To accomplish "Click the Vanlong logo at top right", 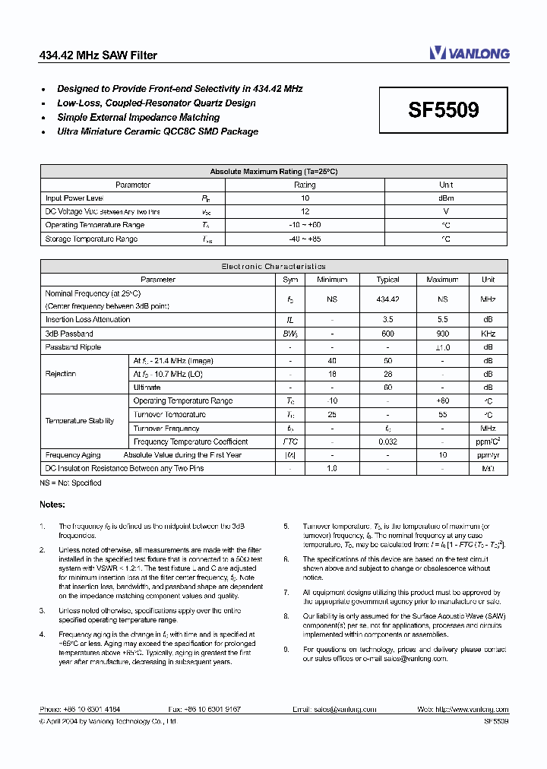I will pyautogui.click(x=469, y=53).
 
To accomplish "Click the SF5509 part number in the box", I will pyautogui.click(x=444, y=110).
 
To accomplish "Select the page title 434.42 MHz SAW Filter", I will pyautogui.click(x=98, y=55).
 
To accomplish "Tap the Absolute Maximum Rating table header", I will pyautogui.click(x=273, y=172).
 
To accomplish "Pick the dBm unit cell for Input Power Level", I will pyautogui.click(x=446, y=198).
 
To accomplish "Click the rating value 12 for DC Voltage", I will pyautogui.click(x=305, y=211).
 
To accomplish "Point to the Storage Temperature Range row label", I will pyautogui.click(x=91, y=239).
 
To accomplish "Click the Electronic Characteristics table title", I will pyautogui.click(x=273, y=267).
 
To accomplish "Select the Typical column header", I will pyautogui.click(x=387, y=280).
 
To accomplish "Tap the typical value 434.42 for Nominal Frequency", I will pyautogui.click(x=387, y=299).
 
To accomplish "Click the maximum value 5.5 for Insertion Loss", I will pyautogui.click(x=442, y=320).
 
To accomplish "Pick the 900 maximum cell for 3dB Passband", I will pyautogui.click(x=442, y=334).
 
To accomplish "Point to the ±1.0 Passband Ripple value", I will pyautogui.click(x=442, y=347).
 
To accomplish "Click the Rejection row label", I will pyautogui.click(x=61, y=374).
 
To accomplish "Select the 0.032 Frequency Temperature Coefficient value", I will pyautogui.click(x=387, y=441).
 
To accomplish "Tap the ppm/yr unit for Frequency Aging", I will pyautogui.click(x=488, y=455).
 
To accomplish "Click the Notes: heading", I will pyautogui.click(x=52, y=505).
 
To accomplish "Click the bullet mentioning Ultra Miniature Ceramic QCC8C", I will pyautogui.click(x=157, y=131).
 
